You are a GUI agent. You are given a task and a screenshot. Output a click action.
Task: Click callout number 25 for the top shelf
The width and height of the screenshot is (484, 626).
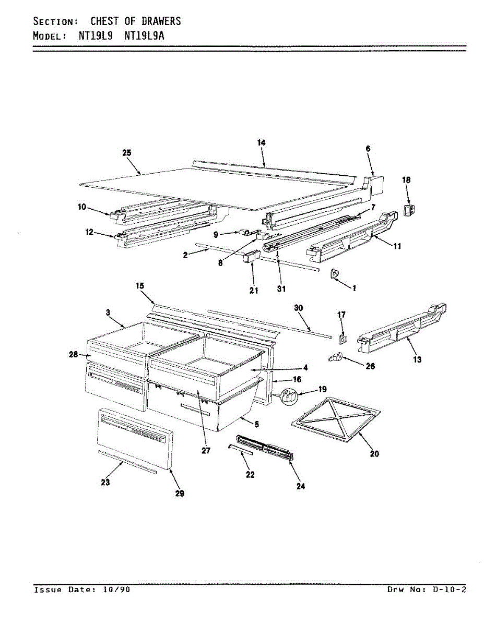tap(127, 153)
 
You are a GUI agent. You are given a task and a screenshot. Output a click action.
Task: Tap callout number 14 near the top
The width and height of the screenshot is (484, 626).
tap(262, 142)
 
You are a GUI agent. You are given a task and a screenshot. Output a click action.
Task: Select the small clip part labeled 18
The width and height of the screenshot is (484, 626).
tap(410, 209)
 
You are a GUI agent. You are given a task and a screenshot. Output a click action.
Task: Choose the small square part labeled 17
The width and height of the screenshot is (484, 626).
tap(342, 339)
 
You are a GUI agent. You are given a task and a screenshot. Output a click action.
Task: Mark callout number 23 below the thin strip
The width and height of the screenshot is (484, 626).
tap(105, 483)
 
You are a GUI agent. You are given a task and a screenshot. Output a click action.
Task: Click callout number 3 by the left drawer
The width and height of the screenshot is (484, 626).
tap(108, 312)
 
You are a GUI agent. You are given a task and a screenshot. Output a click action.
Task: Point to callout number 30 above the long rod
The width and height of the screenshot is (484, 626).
tap(299, 308)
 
